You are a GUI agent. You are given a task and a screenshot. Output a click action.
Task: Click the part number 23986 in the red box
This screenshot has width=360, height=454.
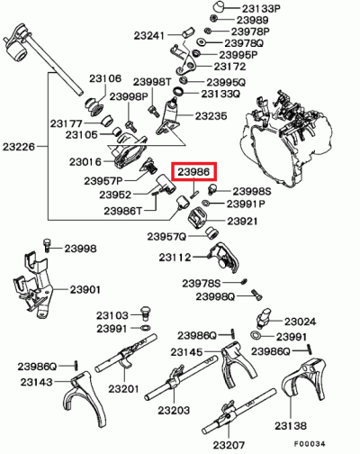193,172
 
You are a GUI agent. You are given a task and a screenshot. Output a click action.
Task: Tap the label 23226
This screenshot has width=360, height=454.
19,147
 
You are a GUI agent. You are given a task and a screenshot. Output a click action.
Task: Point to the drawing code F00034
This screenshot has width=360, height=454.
310,443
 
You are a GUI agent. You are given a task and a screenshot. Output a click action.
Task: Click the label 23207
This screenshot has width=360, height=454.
229,445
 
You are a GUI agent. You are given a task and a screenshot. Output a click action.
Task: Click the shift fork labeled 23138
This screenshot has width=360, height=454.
303,379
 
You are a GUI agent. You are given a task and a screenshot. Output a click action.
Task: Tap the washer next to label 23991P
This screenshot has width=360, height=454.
206,203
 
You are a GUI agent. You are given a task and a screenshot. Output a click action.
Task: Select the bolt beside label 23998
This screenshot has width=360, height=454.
47,245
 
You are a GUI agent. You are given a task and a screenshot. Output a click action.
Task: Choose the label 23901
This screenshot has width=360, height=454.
85,290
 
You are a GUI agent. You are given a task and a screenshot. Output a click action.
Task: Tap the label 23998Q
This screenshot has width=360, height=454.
215,296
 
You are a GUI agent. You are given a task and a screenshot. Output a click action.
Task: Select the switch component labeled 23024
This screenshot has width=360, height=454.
264,318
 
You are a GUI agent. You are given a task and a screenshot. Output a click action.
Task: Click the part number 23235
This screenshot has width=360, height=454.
211,116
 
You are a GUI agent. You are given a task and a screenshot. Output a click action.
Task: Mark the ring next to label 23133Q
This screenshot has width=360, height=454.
179,92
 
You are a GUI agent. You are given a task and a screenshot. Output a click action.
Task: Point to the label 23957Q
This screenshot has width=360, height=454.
166,237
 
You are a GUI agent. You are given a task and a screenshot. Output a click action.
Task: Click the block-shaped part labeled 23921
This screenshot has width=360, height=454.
198,218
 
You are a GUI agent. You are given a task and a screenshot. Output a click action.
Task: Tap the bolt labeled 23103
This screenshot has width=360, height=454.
146,313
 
